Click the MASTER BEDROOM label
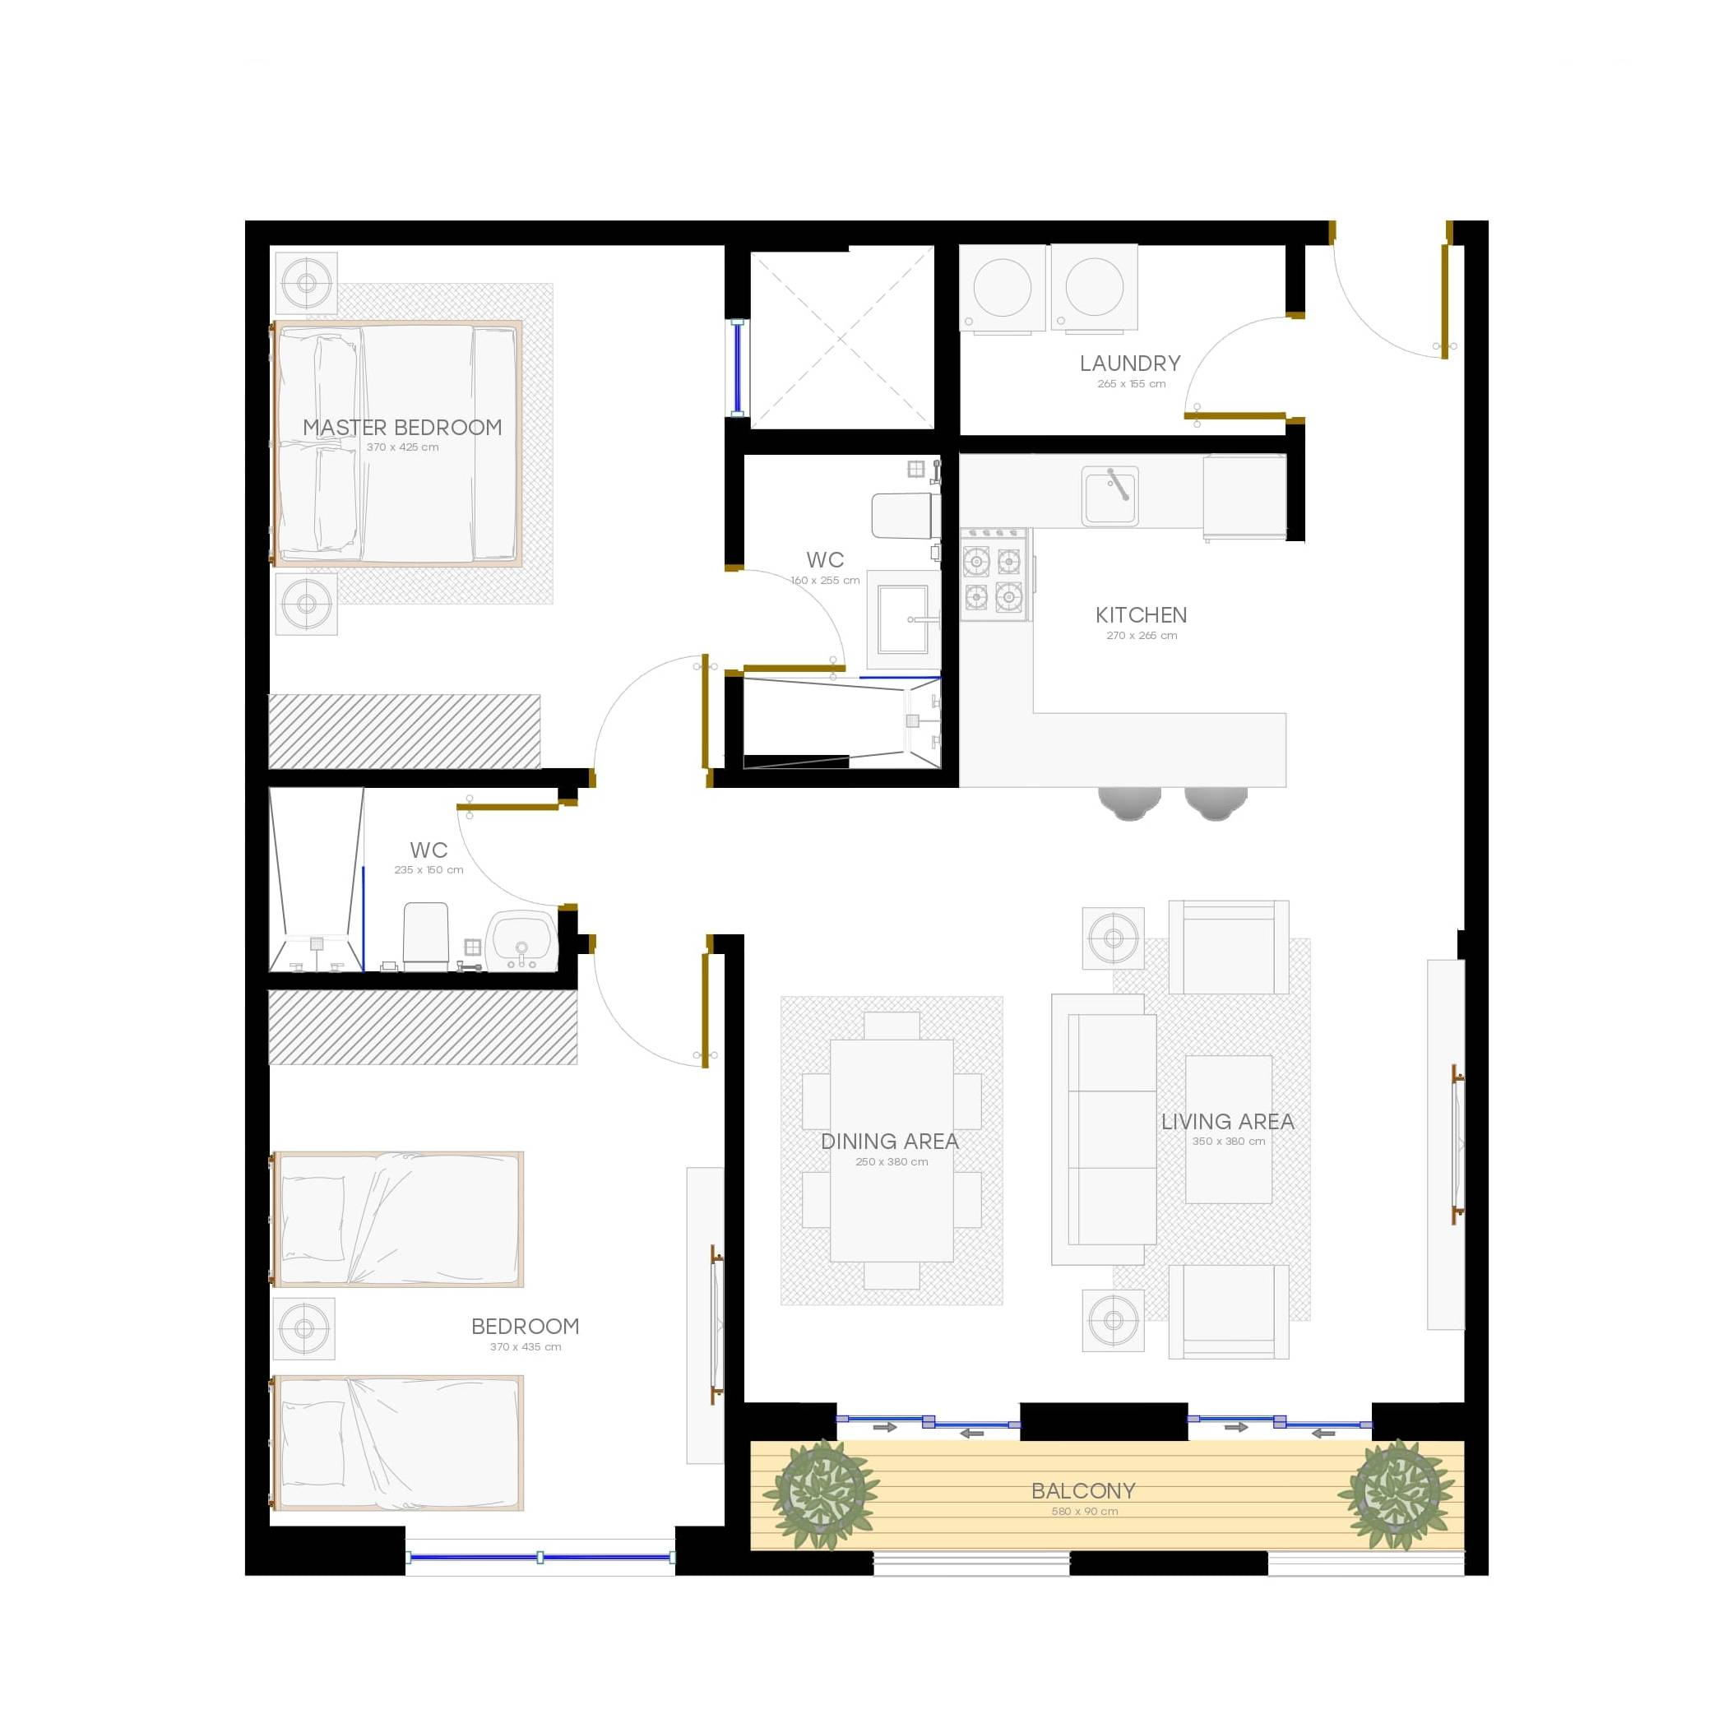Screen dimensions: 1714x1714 (402, 428)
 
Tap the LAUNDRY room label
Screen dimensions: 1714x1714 (1129, 363)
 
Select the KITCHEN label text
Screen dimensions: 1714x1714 (1141, 615)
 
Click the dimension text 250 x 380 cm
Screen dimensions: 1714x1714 (892, 1161)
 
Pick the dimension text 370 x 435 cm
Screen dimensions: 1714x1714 (526, 1346)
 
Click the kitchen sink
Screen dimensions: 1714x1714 (1109, 495)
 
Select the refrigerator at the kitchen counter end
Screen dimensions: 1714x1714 (1244, 497)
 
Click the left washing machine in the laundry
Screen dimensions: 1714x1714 (1003, 290)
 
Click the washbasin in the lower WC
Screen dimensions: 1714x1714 (521, 940)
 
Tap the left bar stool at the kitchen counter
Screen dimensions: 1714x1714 (1128, 802)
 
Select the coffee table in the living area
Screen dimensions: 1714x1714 (1228, 1128)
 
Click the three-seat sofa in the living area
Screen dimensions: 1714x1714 (1104, 1128)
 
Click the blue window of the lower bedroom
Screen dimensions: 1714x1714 (540, 1557)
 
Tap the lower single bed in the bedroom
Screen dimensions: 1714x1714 (396, 1443)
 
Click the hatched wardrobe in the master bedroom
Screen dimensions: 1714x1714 (405, 731)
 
